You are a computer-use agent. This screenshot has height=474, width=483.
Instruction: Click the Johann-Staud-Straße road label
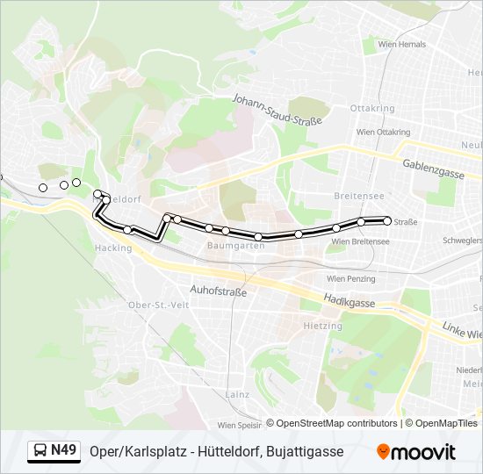coord(277,111)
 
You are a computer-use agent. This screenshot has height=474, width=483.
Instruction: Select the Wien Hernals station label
coord(400,45)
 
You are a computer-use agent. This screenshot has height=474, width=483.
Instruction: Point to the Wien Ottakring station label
coord(378,132)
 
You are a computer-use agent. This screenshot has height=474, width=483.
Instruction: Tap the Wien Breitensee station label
coord(360,241)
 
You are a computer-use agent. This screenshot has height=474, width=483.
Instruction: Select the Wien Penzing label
coord(354,278)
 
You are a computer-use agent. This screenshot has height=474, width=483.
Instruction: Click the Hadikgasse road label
coord(350,300)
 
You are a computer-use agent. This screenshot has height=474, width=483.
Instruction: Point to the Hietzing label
coord(322,325)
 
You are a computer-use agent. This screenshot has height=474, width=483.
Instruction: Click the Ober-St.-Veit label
coord(159,305)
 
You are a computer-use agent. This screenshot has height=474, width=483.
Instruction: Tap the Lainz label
coord(236,394)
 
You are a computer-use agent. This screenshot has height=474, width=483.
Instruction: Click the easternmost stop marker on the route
coord(386,220)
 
